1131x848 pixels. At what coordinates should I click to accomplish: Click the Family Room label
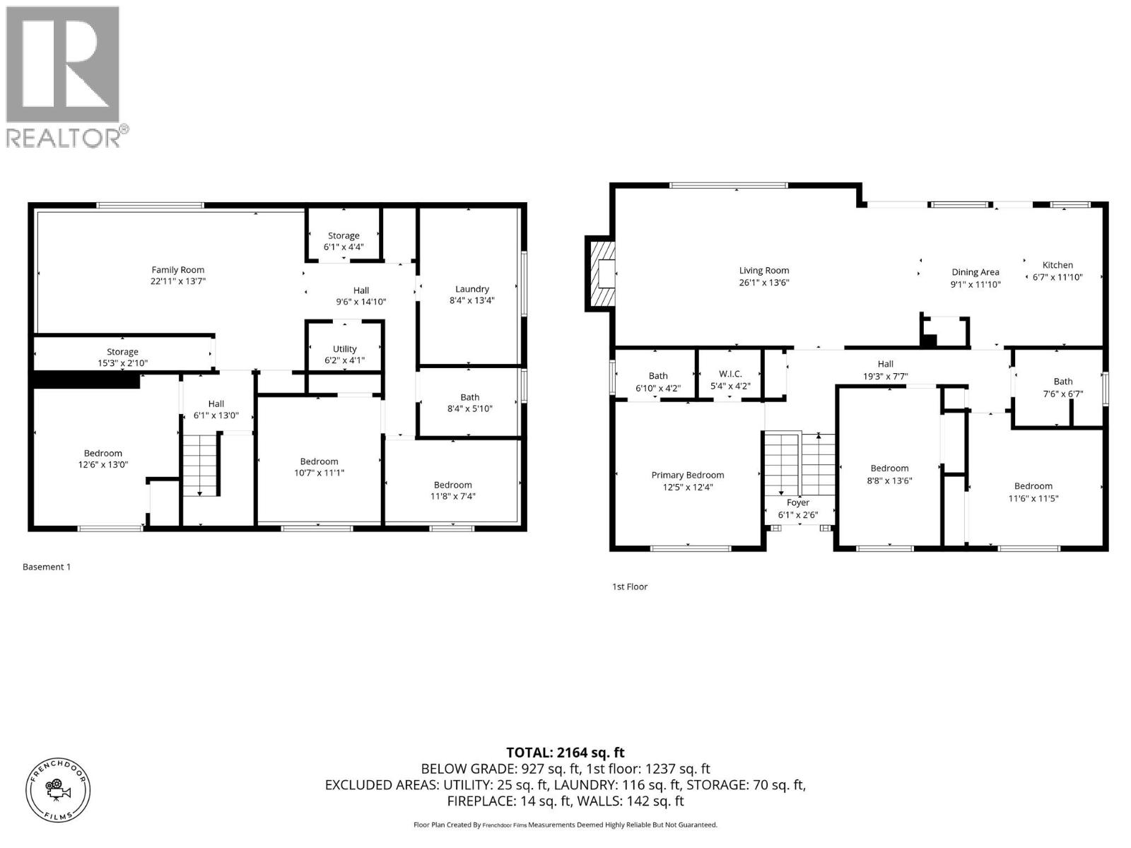click(177, 269)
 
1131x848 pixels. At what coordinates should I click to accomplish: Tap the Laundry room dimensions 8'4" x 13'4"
click(471, 300)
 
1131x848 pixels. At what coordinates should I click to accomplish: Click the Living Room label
click(763, 270)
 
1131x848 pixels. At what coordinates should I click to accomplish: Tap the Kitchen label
click(1057, 265)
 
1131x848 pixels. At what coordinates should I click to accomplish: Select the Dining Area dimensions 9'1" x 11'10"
click(975, 284)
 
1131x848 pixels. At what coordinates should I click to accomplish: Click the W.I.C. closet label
click(730, 374)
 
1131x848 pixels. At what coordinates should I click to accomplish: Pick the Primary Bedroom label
click(687, 475)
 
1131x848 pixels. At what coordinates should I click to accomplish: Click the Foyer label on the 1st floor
click(798, 502)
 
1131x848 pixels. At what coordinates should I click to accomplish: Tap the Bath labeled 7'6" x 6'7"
click(1062, 387)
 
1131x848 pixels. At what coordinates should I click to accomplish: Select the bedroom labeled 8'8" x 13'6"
click(889, 473)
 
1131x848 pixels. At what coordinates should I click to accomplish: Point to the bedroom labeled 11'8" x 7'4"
click(452, 490)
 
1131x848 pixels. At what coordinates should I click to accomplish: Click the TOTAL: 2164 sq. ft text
click(565, 753)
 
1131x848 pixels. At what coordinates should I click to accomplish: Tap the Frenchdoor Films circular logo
click(58, 789)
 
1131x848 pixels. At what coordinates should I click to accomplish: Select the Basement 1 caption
click(47, 567)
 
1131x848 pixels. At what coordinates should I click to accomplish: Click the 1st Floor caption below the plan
click(629, 587)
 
